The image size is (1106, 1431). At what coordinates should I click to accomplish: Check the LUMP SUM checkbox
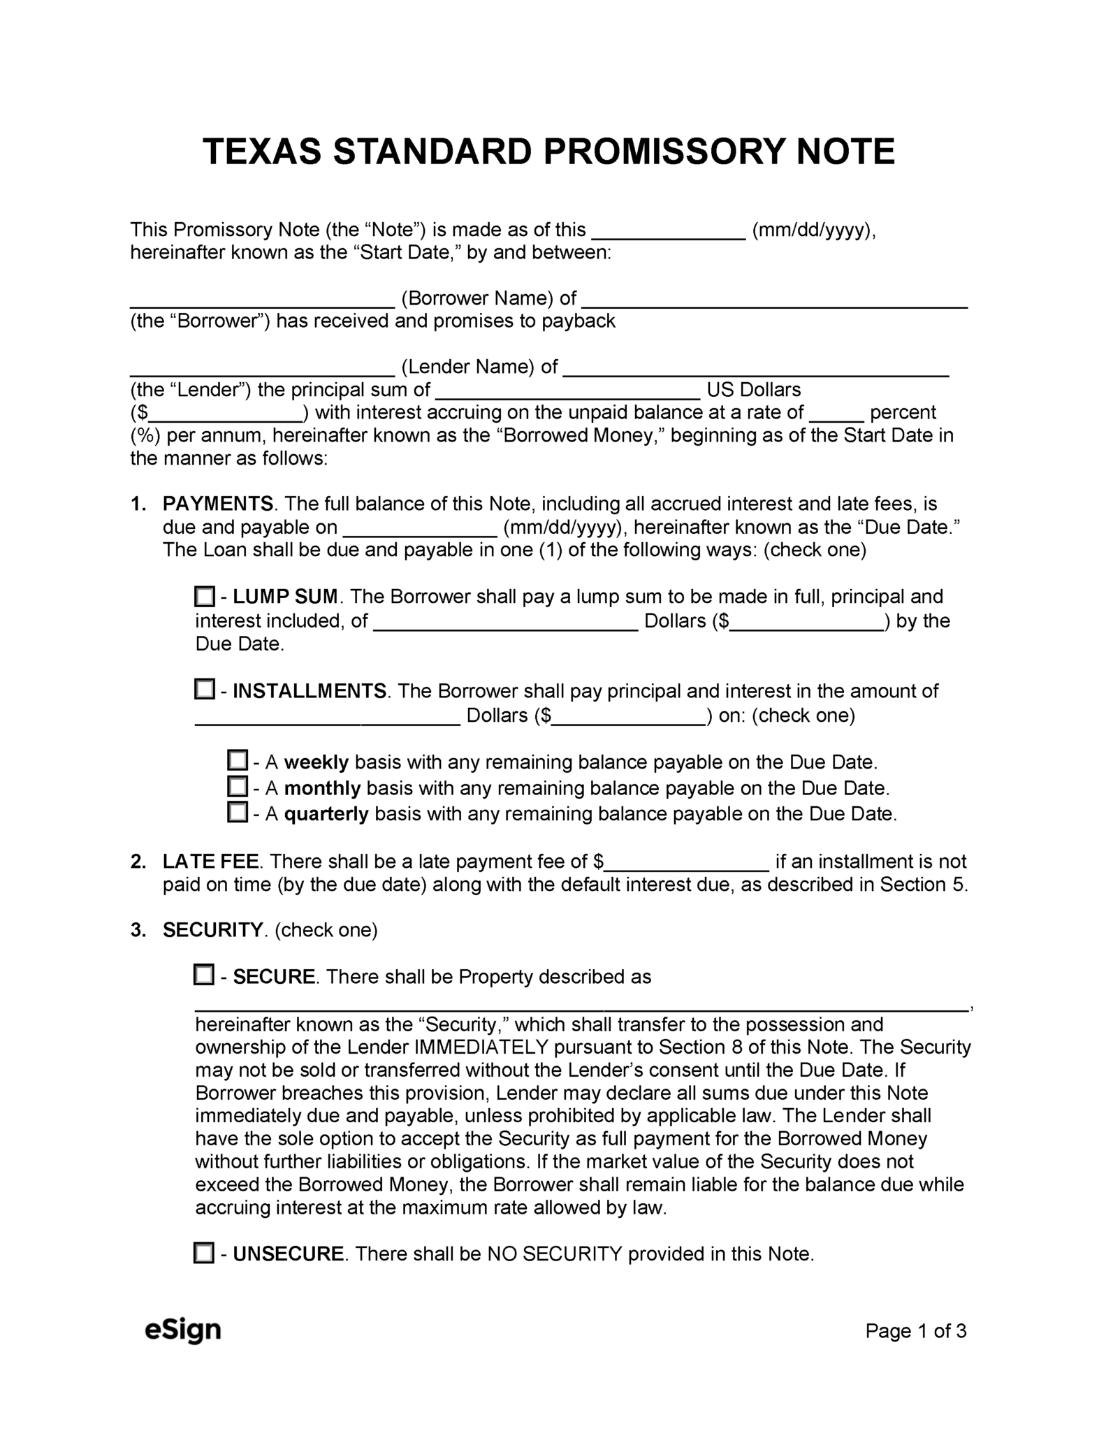pos(204,597)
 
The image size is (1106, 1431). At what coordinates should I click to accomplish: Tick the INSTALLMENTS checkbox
pos(204,690)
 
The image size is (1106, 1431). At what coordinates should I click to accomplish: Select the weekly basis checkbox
pos(238,760)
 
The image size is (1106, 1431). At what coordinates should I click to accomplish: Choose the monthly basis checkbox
pos(238,787)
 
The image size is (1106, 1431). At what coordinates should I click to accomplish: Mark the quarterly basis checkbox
pos(238,813)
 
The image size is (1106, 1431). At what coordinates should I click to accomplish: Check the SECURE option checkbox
pos(203,975)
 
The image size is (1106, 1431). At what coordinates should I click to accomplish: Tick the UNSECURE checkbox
pos(203,1253)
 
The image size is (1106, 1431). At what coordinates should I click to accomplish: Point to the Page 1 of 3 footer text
pos(915,1330)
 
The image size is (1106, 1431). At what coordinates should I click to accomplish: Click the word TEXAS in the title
pos(262,152)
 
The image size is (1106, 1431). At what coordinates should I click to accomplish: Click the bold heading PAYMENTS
pos(218,504)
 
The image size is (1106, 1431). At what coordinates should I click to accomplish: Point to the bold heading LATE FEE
pos(210,862)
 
